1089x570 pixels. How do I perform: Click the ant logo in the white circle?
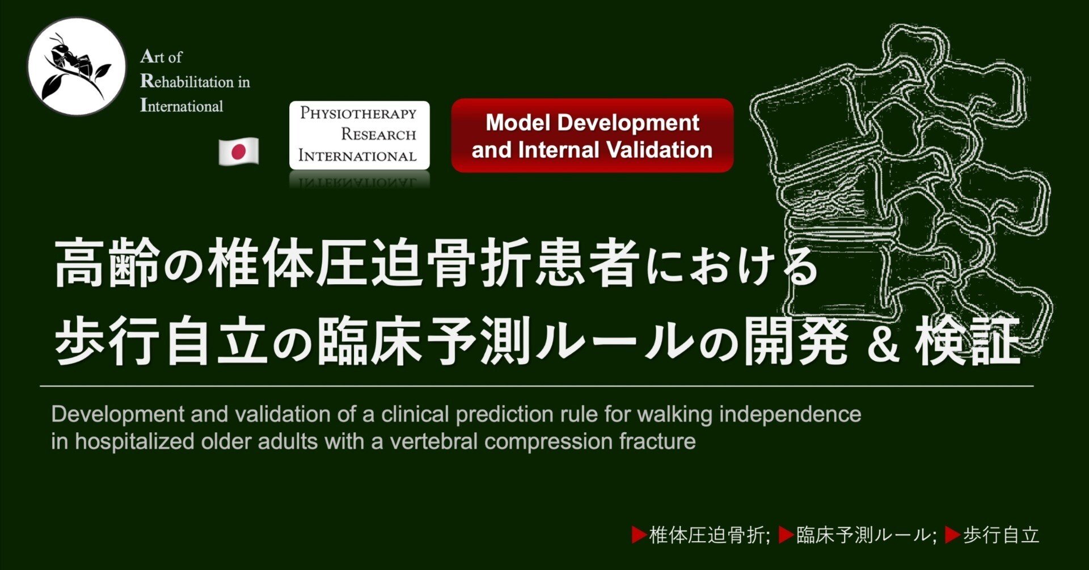(77, 66)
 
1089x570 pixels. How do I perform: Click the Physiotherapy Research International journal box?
(360, 135)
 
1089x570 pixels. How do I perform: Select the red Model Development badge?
(592, 136)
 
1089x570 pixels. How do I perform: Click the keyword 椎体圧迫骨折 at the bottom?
(708, 535)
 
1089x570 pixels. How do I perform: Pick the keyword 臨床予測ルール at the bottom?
(864, 535)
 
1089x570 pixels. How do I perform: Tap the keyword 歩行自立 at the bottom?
(1001, 535)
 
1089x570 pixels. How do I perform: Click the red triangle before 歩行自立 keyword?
(952, 535)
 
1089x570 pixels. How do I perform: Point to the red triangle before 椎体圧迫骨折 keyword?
(639, 535)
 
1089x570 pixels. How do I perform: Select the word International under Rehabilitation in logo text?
(181, 105)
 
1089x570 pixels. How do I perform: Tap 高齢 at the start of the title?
(107, 265)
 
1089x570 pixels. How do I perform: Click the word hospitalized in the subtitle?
(135, 441)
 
